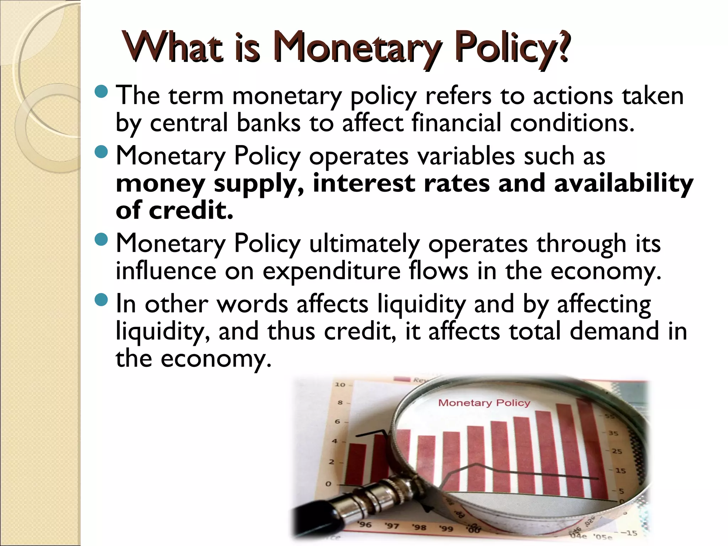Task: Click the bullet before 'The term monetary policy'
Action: [x=101, y=92]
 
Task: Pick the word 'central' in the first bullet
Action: [x=188, y=123]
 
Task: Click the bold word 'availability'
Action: [x=623, y=184]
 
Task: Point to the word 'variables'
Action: [x=466, y=156]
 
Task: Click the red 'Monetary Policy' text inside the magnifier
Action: [x=484, y=403]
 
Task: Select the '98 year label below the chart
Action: [x=419, y=527]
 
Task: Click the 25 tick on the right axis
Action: [x=617, y=451]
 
